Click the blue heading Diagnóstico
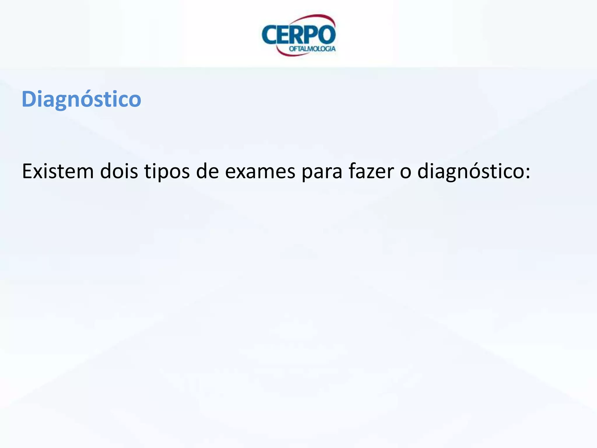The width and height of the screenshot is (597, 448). (x=81, y=99)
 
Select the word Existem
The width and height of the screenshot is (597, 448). (x=58, y=171)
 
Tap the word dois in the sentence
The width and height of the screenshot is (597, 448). (x=119, y=171)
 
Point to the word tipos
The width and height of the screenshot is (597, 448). (x=167, y=172)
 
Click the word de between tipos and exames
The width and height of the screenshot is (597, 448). (x=207, y=171)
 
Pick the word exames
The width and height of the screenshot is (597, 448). (x=260, y=172)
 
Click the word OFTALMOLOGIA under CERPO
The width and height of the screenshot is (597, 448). (x=312, y=49)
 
